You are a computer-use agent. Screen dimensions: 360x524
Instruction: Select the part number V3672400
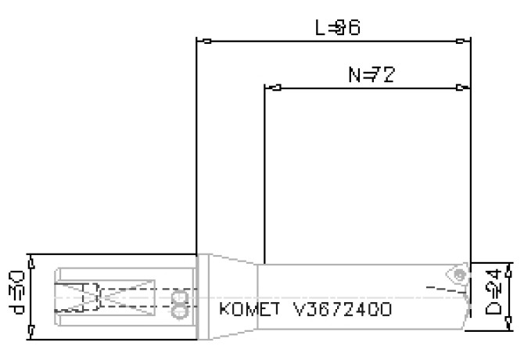click(341, 308)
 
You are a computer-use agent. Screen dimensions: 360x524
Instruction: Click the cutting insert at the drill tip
click(454, 273)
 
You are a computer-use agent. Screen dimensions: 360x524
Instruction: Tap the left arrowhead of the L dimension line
click(200, 40)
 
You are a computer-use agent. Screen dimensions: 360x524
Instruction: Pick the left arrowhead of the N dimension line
click(271, 88)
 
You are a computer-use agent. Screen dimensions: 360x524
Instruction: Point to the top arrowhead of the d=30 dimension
click(30, 258)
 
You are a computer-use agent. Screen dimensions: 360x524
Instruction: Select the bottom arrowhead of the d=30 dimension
click(30, 336)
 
